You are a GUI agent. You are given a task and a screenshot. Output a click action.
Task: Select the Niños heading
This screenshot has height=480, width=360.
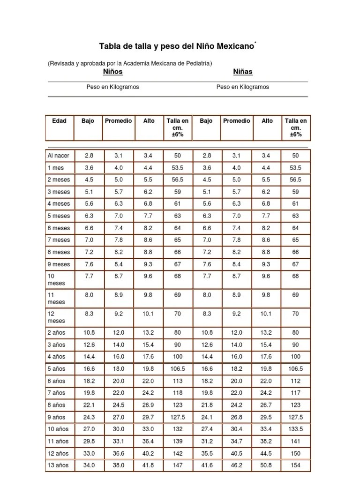tap(113, 71)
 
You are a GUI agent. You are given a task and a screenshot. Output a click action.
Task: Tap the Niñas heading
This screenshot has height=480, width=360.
tap(243, 71)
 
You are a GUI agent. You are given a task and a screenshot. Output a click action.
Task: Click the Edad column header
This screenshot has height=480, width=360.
tap(59, 120)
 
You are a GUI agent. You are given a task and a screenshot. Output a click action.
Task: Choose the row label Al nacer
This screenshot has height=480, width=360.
tap(58, 156)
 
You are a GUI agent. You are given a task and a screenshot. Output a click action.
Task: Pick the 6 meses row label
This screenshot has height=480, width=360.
tap(59, 228)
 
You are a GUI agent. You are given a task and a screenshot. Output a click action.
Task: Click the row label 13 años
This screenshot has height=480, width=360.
tap(58, 465)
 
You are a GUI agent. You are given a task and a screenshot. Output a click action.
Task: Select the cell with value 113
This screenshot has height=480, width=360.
tap(178, 381)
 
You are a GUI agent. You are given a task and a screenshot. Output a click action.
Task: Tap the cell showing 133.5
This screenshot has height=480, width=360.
tap(295, 429)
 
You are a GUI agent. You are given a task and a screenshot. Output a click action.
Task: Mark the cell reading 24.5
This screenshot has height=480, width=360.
tap(119, 405)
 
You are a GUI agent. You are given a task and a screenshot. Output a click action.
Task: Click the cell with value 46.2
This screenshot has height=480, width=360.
tap(237, 465)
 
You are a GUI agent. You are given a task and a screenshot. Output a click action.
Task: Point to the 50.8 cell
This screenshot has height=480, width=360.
tap(267, 465)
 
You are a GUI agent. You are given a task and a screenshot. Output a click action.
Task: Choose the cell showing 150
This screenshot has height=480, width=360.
tap(295, 453)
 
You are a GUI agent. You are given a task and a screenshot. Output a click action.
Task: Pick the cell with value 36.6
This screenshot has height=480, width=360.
tap(119, 453)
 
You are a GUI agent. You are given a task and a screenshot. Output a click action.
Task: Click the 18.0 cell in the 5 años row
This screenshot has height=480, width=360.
tap(119, 369)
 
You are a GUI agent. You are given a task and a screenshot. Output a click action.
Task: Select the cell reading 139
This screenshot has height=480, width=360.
tap(178, 441)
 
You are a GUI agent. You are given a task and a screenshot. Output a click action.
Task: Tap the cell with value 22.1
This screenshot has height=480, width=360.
tap(89, 405)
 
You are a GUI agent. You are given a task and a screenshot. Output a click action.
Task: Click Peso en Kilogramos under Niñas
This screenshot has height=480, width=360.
tap(243, 87)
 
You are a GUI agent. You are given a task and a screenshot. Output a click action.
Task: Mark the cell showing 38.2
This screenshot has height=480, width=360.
tap(267, 441)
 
